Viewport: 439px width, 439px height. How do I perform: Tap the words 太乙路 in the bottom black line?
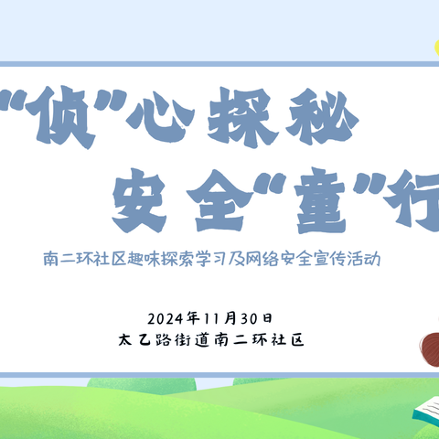click(x=145, y=338)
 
